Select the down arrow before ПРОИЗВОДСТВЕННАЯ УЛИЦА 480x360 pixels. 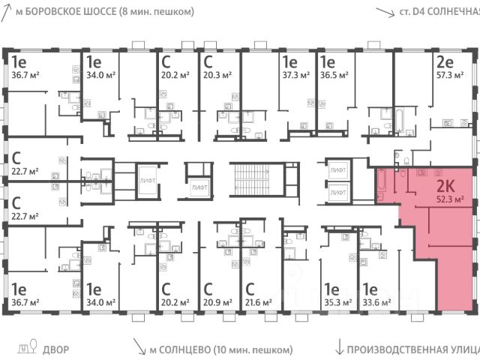point(340,347)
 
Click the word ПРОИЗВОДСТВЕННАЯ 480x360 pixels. point(394,348)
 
